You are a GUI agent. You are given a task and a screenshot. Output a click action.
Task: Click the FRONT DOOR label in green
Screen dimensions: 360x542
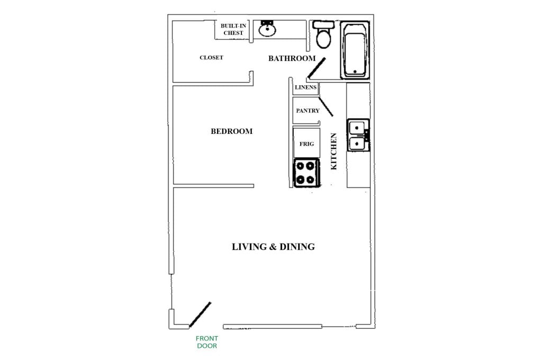pos(207,342)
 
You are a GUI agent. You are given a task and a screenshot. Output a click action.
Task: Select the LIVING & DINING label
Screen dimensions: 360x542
pos(273,247)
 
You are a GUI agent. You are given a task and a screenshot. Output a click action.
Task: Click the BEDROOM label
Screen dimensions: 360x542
pos(231,131)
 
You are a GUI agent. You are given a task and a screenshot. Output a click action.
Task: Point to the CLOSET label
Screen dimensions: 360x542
pos(211,58)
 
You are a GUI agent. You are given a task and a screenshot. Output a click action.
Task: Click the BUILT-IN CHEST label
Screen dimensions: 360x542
pos(233,29)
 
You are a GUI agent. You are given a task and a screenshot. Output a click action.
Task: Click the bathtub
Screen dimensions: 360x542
pos(355,49)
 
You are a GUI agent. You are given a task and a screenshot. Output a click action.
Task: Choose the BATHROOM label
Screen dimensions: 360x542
pos(292,58)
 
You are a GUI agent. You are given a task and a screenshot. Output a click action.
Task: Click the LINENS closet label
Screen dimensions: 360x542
pos(305,87)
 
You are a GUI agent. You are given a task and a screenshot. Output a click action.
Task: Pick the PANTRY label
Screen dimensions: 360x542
pos(308,111)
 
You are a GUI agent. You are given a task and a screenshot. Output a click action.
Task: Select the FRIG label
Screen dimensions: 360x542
pos(307,143)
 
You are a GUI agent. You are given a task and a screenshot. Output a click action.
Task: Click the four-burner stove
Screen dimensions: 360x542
pos(306,173)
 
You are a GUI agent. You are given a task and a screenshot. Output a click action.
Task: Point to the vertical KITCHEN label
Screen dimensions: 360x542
pos(333,151)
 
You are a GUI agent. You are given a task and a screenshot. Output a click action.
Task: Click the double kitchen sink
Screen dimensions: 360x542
pos(357,135)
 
